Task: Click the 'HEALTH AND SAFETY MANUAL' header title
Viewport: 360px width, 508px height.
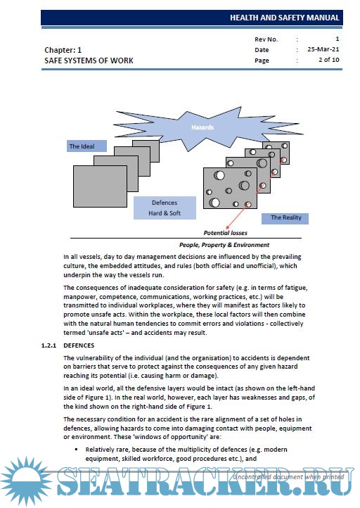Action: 285,18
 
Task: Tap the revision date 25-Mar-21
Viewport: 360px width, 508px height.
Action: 323,49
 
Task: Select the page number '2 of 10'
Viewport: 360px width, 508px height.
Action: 328,60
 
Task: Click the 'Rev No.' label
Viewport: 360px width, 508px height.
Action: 266,39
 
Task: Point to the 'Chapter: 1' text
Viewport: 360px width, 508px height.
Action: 63,50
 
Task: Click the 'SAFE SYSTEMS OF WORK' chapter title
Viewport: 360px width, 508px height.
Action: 89,61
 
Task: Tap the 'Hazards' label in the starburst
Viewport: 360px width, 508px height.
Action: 202,127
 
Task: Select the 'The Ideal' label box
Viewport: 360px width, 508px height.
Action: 86,146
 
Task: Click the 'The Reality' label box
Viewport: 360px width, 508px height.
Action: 285,217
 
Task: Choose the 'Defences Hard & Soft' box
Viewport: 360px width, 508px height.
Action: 165,208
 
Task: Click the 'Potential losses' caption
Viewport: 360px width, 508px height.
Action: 225,233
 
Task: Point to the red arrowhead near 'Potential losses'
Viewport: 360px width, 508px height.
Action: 228,227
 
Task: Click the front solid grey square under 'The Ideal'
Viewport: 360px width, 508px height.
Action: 100,186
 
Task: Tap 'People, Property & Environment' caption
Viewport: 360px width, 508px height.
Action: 224,245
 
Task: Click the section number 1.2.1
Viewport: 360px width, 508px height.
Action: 49,345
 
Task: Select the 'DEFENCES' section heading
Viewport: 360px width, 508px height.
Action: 79,345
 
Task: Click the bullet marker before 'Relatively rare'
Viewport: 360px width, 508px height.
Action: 77,450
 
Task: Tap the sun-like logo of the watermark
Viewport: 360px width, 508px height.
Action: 25,482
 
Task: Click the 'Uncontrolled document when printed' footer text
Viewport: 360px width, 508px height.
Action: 288,477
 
